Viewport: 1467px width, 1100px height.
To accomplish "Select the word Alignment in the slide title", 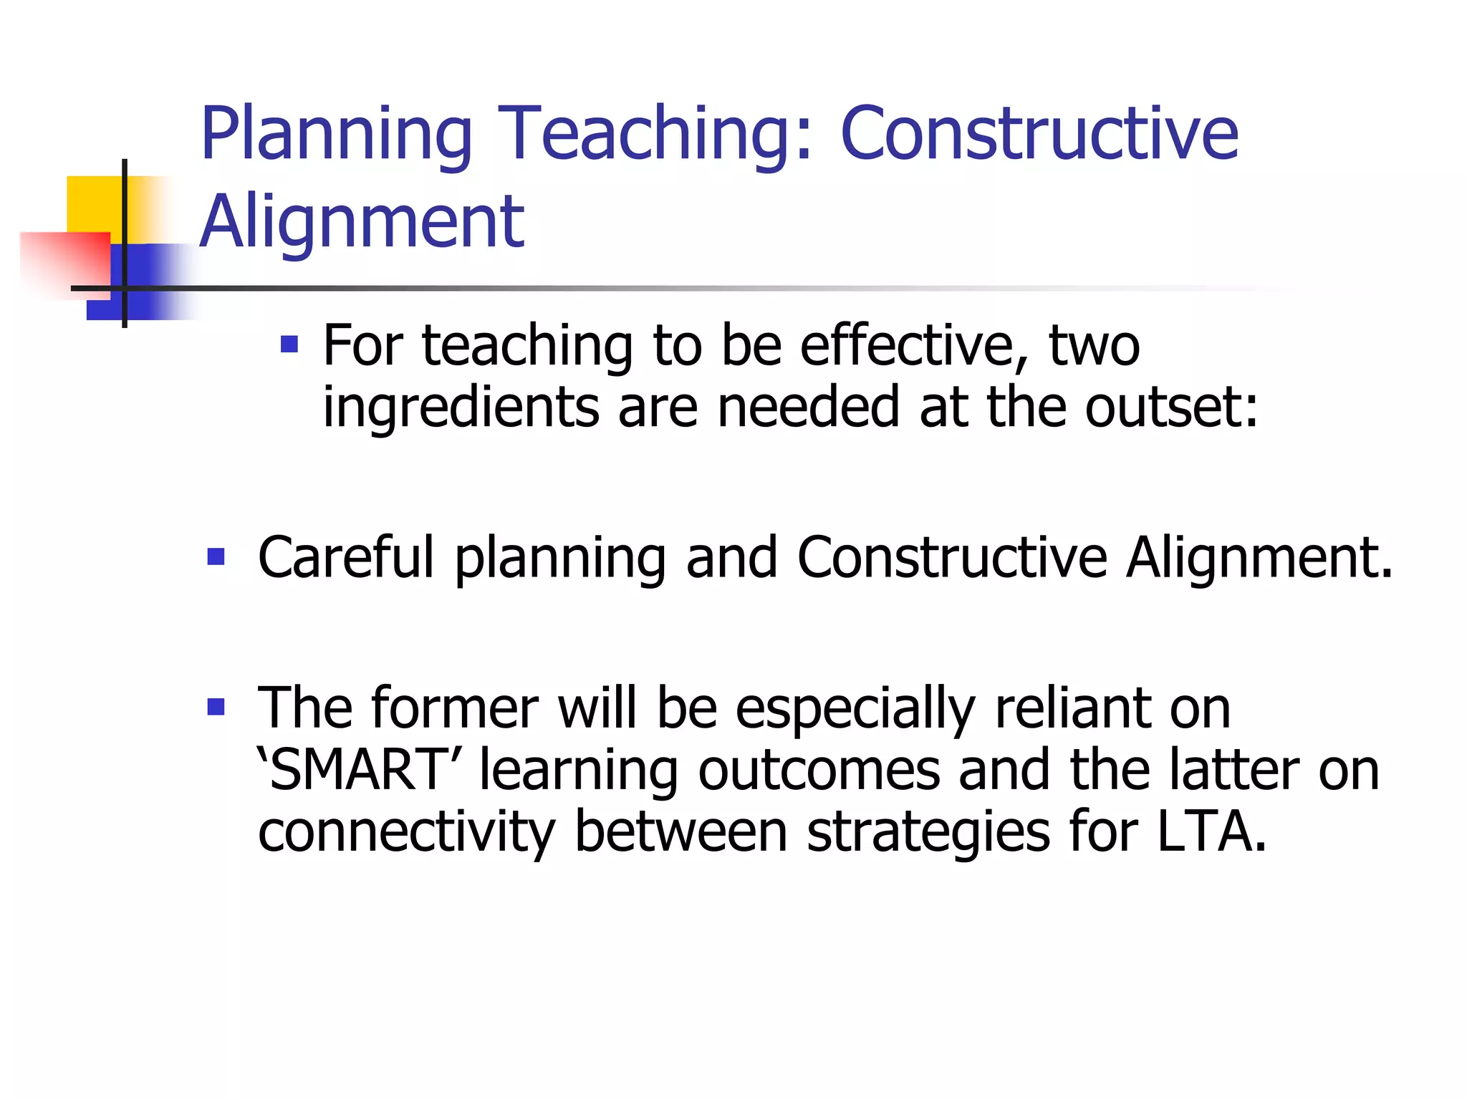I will (x=362, y=223).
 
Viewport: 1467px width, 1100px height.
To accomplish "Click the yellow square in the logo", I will (x=93, y=204).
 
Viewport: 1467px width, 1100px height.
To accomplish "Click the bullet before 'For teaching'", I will (x=289, y=345).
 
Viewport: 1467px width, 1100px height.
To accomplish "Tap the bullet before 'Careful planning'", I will (x=216, y=556).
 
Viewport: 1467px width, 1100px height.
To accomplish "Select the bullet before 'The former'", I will (x=216, y=708).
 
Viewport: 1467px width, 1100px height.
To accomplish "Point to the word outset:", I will (x=1171, y=407).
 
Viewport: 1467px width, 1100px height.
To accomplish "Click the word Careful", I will (x=345, y=557).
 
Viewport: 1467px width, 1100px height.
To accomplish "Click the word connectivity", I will (x=406, y=832).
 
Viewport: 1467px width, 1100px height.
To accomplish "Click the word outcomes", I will (x=819, y=771).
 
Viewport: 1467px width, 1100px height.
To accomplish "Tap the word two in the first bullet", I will (x=1094, y=347).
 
